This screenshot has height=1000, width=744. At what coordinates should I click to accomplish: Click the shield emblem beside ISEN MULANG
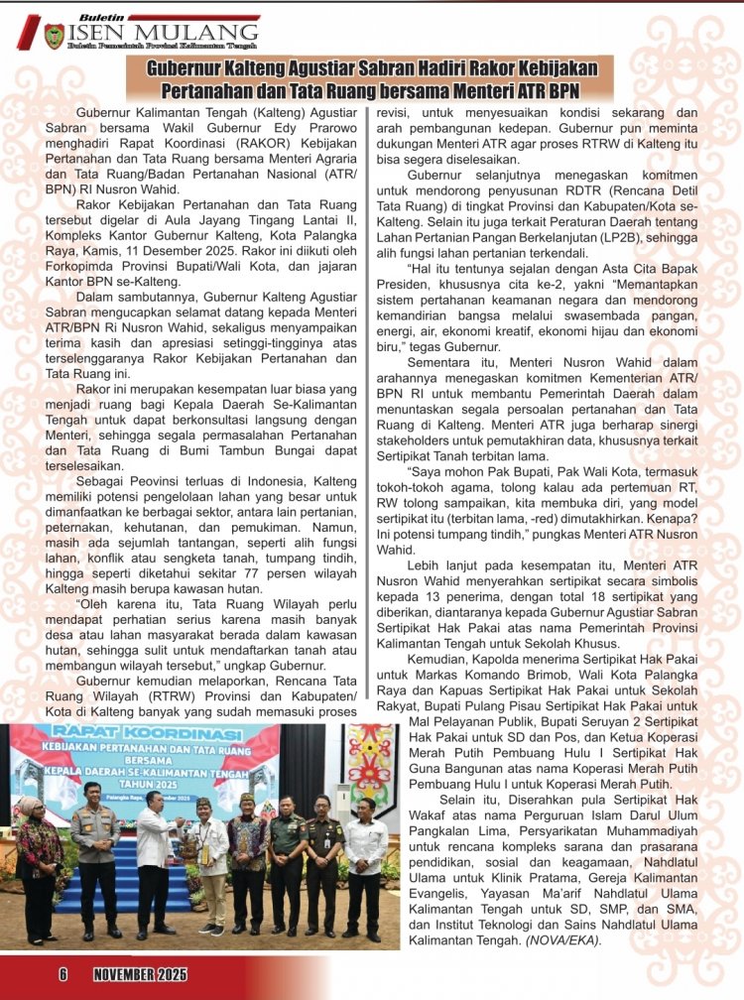[54, 37]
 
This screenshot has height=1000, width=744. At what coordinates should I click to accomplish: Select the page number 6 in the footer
[62, 974]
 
